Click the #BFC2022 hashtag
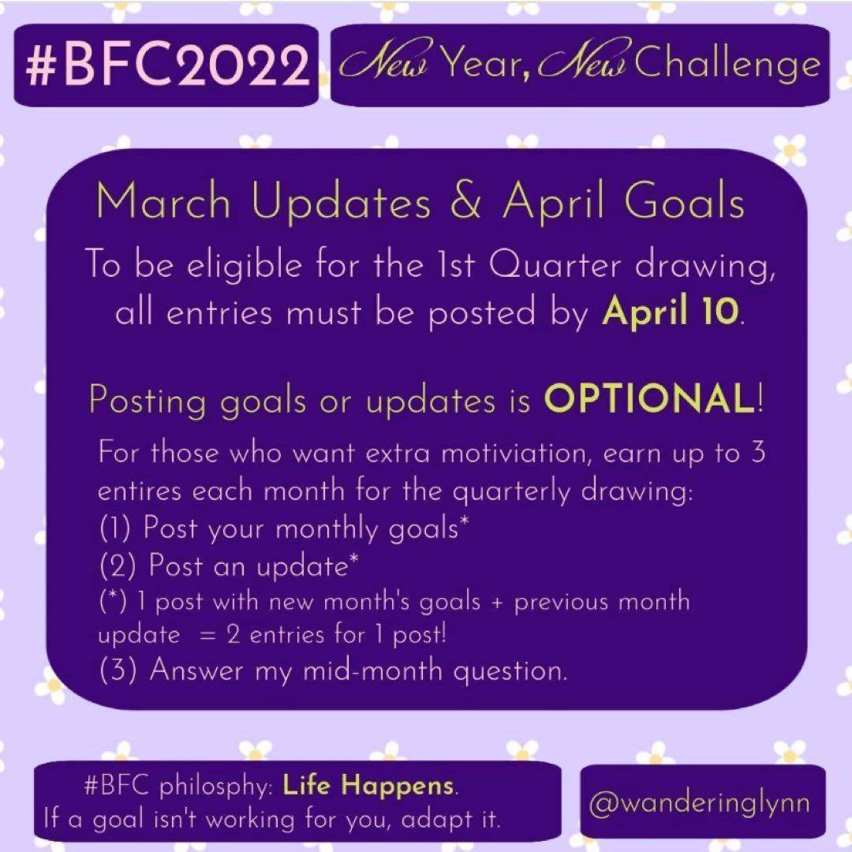[x=167, y=65]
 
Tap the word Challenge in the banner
[x=727, y=65]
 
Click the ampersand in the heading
[x=465, y=200]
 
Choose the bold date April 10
[x=671, y=312]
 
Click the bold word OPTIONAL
[x=649, y=398]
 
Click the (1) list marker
[x=114, y=527]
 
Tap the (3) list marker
[x=118, y=669]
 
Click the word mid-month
[x=372, y=670]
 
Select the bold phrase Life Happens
[x=368, y=785]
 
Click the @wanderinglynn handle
[x=700, y=804]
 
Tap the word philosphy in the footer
[x=215, y=787]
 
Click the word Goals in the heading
[x=683, y=200]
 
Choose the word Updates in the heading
[x=342, y=202]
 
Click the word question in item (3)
[x=510, y=671]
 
